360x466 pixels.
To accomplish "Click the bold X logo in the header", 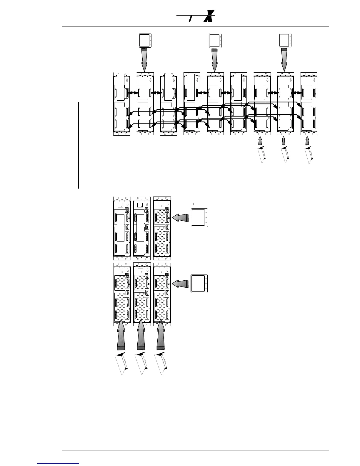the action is (x=209, y=16).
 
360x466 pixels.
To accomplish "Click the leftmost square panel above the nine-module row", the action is (x=145, y=40).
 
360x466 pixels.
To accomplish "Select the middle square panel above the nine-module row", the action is (x=215, y=41).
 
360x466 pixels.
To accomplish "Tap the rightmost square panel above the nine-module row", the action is (x=285, y=40).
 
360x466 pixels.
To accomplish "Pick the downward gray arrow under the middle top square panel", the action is (x=214, y=60).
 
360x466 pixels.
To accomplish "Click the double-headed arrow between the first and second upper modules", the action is (x=134, y=93).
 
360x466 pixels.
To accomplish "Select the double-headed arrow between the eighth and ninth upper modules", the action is (x=297, y=93).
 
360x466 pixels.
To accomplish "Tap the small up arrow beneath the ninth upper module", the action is (x=307, y=142).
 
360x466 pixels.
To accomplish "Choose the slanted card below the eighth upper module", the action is (x=285, y=155).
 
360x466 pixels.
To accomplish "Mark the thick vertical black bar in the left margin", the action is (x=79, y=145).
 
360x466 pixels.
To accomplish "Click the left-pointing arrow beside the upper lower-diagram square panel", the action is (x=180, y=218).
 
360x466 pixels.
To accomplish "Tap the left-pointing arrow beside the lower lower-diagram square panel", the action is (x=180, y=284).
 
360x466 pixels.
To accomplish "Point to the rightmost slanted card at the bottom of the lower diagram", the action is (x=161, y=364).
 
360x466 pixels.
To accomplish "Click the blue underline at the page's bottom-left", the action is (x=59, y=463).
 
